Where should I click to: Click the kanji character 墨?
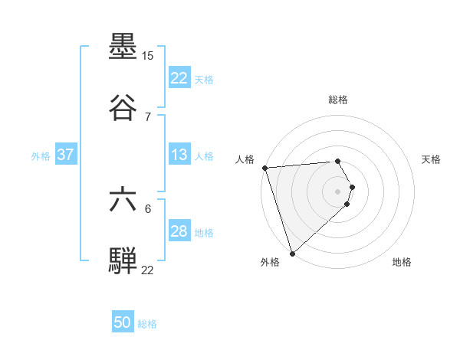click(123, 48)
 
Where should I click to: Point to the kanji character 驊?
click(123, 260)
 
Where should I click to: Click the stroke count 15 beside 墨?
click(148, 56)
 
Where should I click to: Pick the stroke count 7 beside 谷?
click(148, 116)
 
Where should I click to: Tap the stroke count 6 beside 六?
click(148, 209)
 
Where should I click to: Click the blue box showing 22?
click(179, 78)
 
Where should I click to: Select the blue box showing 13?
click(179, 155)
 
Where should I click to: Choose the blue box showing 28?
click(179, 231)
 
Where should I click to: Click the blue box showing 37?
click(65, 155)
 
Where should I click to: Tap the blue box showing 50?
click(123, 323)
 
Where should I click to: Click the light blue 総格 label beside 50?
click(147, 324)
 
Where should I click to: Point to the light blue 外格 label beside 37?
click(41, 155)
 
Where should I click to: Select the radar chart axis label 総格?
click(338, 100)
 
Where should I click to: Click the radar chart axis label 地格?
click(402, 263)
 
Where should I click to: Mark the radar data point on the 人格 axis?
click(264, 168)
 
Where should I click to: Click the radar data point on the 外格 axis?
click(292, 254)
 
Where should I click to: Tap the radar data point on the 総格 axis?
click(338, 161)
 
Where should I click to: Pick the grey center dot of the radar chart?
click(338, 191)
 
